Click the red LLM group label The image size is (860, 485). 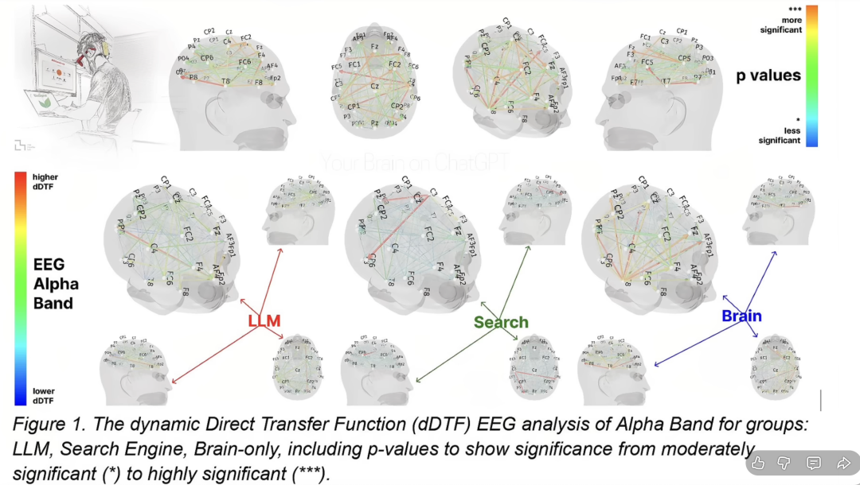(x=264, y=321)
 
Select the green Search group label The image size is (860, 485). (x=501, y=322)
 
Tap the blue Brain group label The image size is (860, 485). (x=741, y=316)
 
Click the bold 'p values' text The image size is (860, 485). (x=768, y=76)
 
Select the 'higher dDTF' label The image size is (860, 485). (x=45, y=182)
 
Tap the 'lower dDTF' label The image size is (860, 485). (x=44, y=395)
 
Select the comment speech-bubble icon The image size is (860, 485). (x=814, y=463)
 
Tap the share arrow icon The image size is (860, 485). (x=843, y=463)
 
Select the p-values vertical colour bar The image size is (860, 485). (x=811, y=76)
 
